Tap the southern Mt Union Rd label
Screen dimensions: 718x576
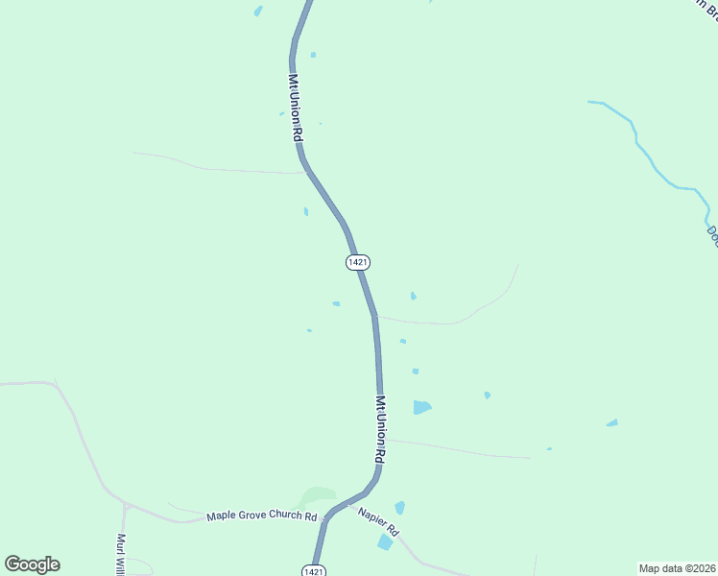click(x=381, y=430)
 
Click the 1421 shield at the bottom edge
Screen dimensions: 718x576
click(x=313, y=570)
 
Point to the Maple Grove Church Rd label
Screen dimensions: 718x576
click(x=261, y=516)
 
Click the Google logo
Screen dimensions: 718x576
click(x=32, y=564)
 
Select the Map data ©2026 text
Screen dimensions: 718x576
click(x=677, y=567)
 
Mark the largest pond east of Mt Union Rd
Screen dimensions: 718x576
click(x=420, y=407)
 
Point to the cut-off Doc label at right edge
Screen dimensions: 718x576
click(x=711, y=235)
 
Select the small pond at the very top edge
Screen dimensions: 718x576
click(x=257, y=12)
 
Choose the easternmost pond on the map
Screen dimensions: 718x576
click(x=611, y=422)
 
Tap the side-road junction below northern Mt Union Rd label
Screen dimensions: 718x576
click(x=303, y=173)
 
